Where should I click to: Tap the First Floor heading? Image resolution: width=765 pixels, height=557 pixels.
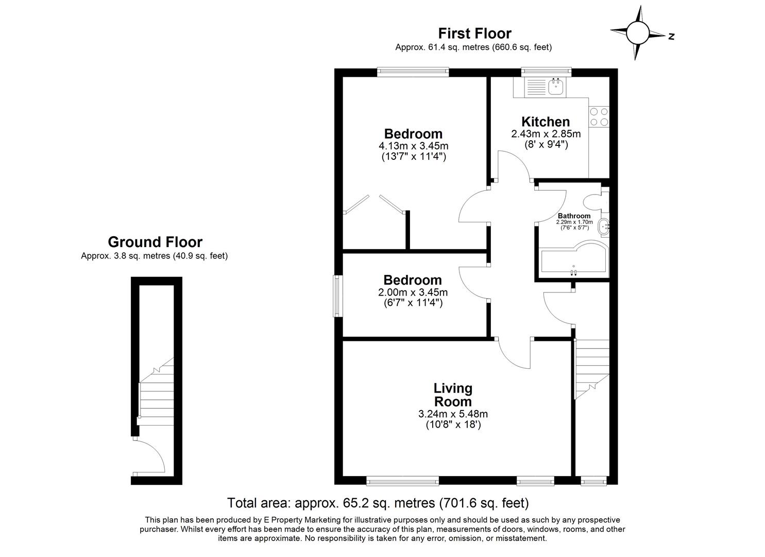tap(474, 34)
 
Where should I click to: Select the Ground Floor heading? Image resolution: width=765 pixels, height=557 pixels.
tap(155, 242)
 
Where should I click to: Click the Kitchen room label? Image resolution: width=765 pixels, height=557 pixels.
tap(546, 122)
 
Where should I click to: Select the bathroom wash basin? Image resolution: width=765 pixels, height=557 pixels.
tap(603, 226)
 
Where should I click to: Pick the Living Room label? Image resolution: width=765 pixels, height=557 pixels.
tap(452, 395)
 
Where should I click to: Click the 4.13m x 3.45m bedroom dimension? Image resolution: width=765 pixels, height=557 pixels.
tap(413, 145)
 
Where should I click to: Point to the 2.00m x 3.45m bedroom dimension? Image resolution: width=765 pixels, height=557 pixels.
tap(413, 292)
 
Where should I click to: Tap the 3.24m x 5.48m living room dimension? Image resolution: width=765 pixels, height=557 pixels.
tap(453, 414)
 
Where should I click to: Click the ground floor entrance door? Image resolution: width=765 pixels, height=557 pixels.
tap(149, 456)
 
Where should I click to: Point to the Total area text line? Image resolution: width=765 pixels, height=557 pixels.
tap(378, 502)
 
